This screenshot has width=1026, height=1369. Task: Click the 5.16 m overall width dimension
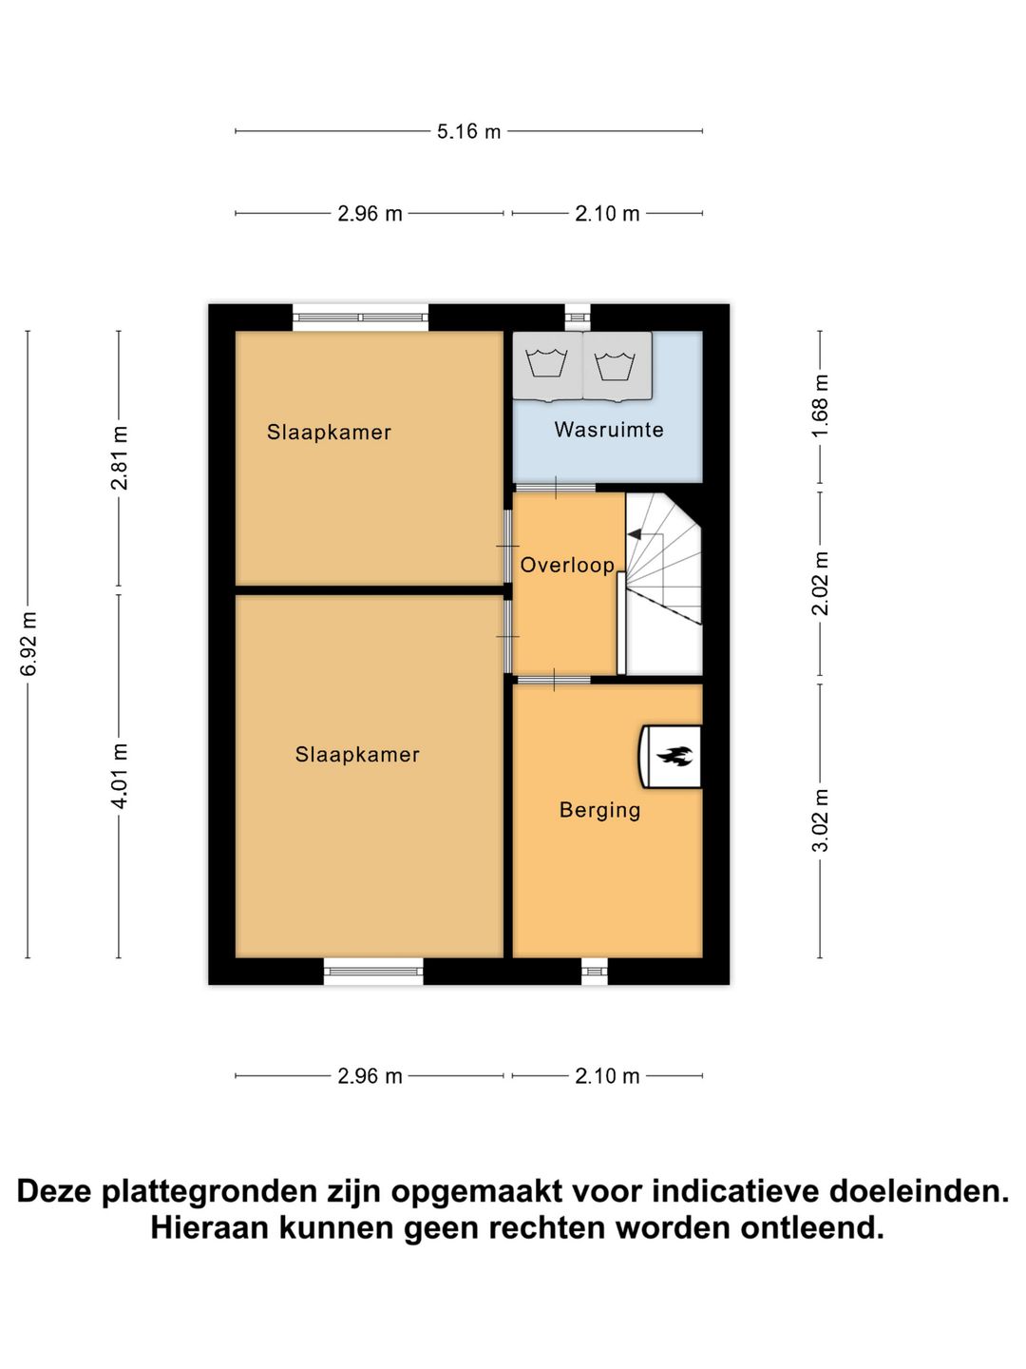[468, 131]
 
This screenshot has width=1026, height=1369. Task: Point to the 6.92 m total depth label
[28, 645]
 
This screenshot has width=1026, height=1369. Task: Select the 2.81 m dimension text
[120, 458]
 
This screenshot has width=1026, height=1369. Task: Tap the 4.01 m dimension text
[120, 777]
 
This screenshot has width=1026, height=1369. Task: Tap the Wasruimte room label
[609, 430]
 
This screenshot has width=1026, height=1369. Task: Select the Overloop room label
[567, 565]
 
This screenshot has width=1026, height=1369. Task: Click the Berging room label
[599, 810]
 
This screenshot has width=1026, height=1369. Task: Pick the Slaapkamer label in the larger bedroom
[357, 754]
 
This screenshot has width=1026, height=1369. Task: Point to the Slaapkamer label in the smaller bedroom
[329, 432]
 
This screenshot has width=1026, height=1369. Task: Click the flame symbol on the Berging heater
[674, 757]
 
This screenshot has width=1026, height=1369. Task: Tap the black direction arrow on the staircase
[635, 536]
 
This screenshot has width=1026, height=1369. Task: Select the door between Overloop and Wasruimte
[555, 488]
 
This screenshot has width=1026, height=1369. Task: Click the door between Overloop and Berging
[553, 679]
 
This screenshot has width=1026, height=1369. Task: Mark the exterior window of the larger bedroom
[373, 971]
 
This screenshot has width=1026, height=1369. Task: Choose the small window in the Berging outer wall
[594, 971]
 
